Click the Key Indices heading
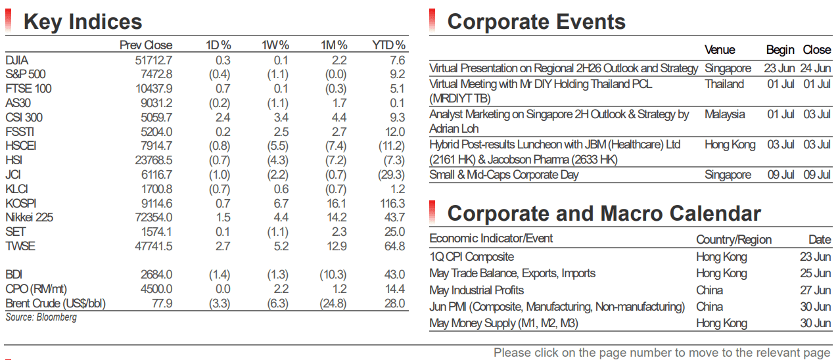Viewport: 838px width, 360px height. click(83, 22)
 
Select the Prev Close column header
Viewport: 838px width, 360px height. click(146, 45)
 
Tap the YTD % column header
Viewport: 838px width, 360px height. click(388, 45)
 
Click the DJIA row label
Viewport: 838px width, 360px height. click(17, 60)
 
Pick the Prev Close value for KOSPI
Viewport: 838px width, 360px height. click(156, 204)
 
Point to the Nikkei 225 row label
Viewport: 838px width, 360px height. click(29, 217)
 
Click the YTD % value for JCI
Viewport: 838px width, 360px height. click(391, 175)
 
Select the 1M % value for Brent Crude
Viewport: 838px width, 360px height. click(333, 304)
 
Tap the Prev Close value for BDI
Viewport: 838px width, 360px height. click(156, 275)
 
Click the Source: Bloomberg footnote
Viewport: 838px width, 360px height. click(41, 317)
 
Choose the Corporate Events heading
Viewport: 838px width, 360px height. click(536, 22)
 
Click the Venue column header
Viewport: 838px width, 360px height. click(720, 50)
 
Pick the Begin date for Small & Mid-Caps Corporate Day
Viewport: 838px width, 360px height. click(781, 175)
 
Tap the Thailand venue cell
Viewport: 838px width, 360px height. click(724, 84)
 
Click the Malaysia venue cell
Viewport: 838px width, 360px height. click(725, 114)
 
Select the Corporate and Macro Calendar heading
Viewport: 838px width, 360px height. click(604, 214)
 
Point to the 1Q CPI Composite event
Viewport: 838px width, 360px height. click(472, 257)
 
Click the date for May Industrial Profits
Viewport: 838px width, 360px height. click(816, 290)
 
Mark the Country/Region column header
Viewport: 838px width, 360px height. click(733, 240)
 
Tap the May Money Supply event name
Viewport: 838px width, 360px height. click(504, 323)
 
